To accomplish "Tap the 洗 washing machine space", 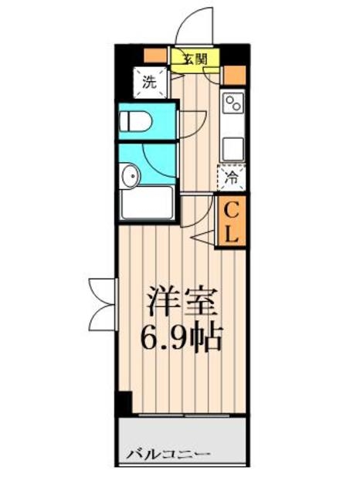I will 150,83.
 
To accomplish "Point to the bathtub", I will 148,204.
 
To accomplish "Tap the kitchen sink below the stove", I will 233,145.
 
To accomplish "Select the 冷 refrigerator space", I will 232,178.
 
